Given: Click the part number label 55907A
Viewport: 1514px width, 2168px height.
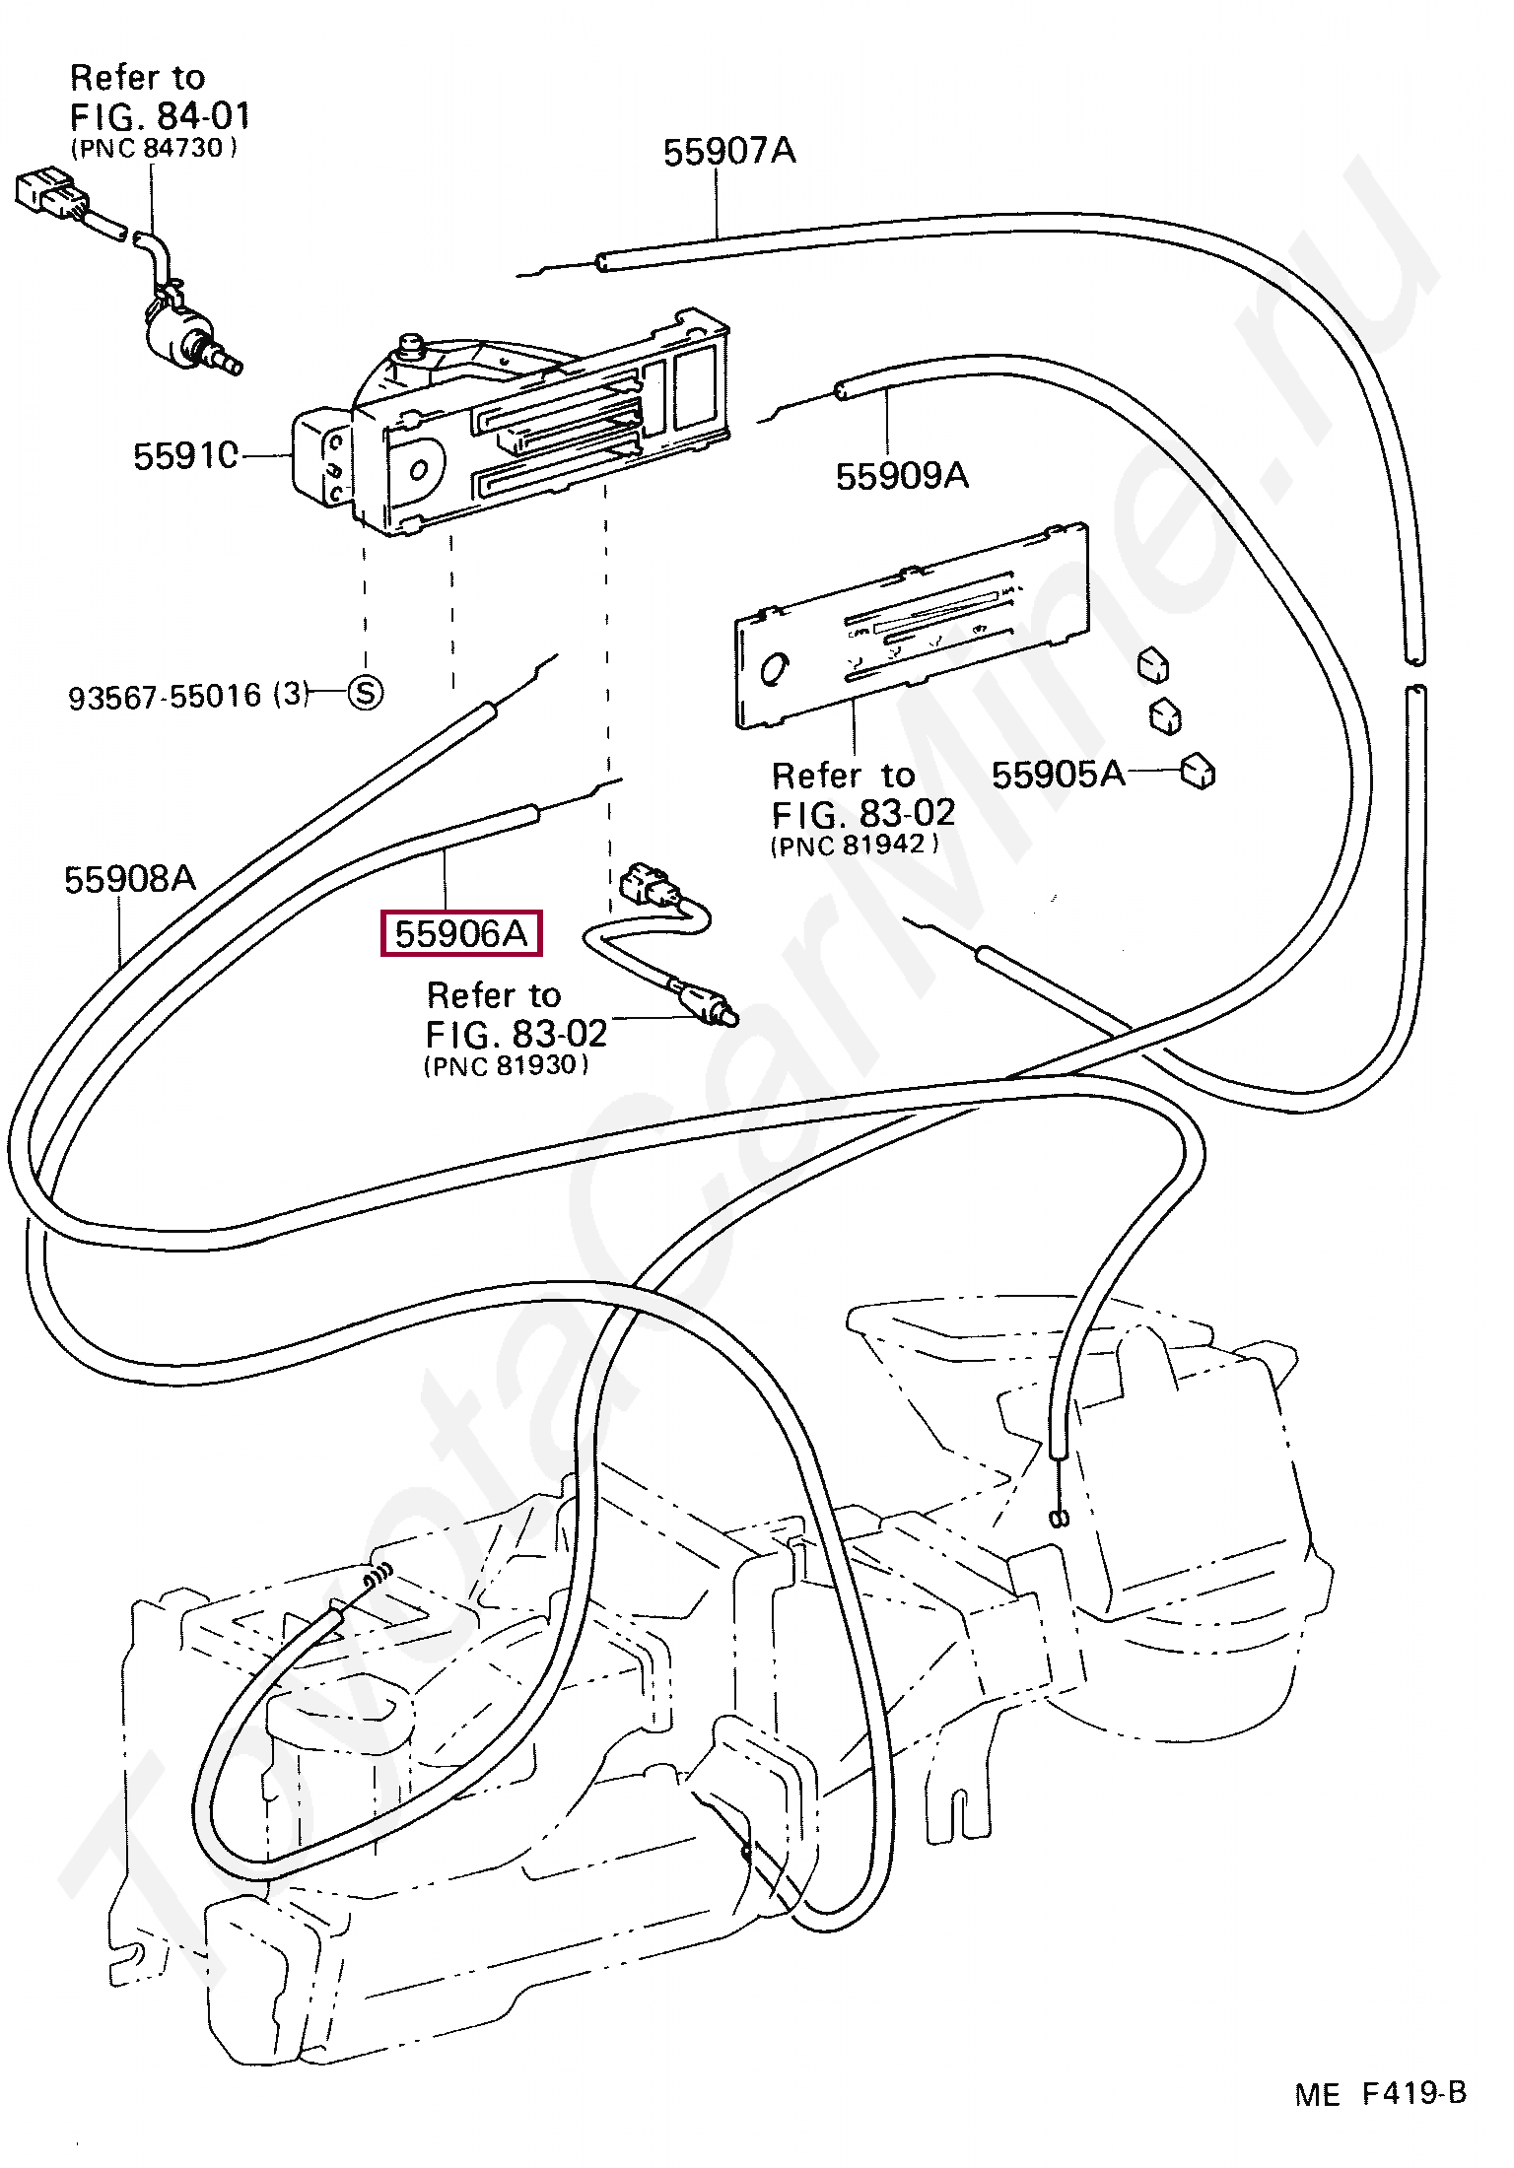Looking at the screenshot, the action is pyautogui.click(x=729, y=152).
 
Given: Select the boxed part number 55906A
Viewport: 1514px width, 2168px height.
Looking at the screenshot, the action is pyautogui.click(x=461, y=933).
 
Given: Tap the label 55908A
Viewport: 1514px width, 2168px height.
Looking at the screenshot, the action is pyautogui.click(x=130, y=879).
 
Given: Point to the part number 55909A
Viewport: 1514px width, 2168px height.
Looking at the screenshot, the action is pyautogui.click(x=902, y=476).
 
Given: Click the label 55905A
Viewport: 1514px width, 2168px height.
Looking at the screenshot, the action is pyautogui.click(x=1058, y=775).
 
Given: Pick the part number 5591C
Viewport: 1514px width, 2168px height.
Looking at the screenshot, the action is pyautogui.click(x=186, y=456).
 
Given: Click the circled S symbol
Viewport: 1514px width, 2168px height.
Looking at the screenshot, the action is pyautogui.click(x=366, y=693).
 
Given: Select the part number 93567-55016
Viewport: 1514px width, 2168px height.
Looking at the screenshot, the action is pyautogui.click(x=165, y=698).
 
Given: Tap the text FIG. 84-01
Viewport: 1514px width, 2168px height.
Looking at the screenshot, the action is pyautogui.click(x=161, y=116).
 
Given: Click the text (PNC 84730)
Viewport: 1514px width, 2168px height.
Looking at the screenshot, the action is pyautogui.click(x=154, y=148).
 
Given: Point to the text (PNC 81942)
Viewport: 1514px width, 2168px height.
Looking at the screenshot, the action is pyautogui.click(x=855, y=845).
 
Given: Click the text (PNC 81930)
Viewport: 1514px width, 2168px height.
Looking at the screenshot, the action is pyautogui.click(x=507, y=1065).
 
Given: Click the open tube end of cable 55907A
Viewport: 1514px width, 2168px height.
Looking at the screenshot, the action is pyautogui.click(x=601, y=262).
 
